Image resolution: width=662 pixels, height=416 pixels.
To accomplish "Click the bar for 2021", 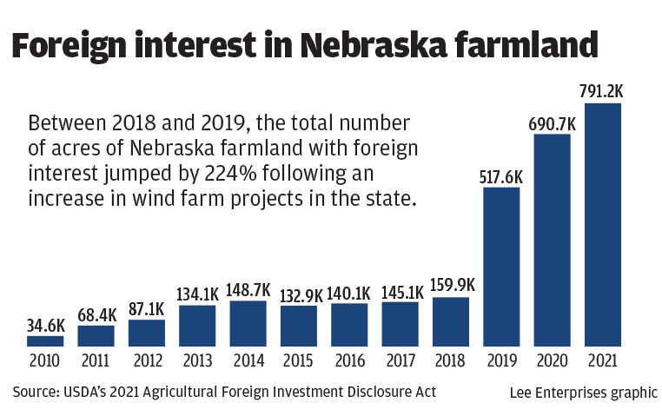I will pos(602,224).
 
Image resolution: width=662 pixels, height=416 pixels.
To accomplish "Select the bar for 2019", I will pos(500,266).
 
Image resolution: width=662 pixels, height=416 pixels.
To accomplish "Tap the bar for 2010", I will pos(45,340).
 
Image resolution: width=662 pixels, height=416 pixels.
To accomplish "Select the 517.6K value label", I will pos(500,175).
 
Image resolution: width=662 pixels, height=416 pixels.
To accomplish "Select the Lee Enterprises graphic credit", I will pos(583,393).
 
